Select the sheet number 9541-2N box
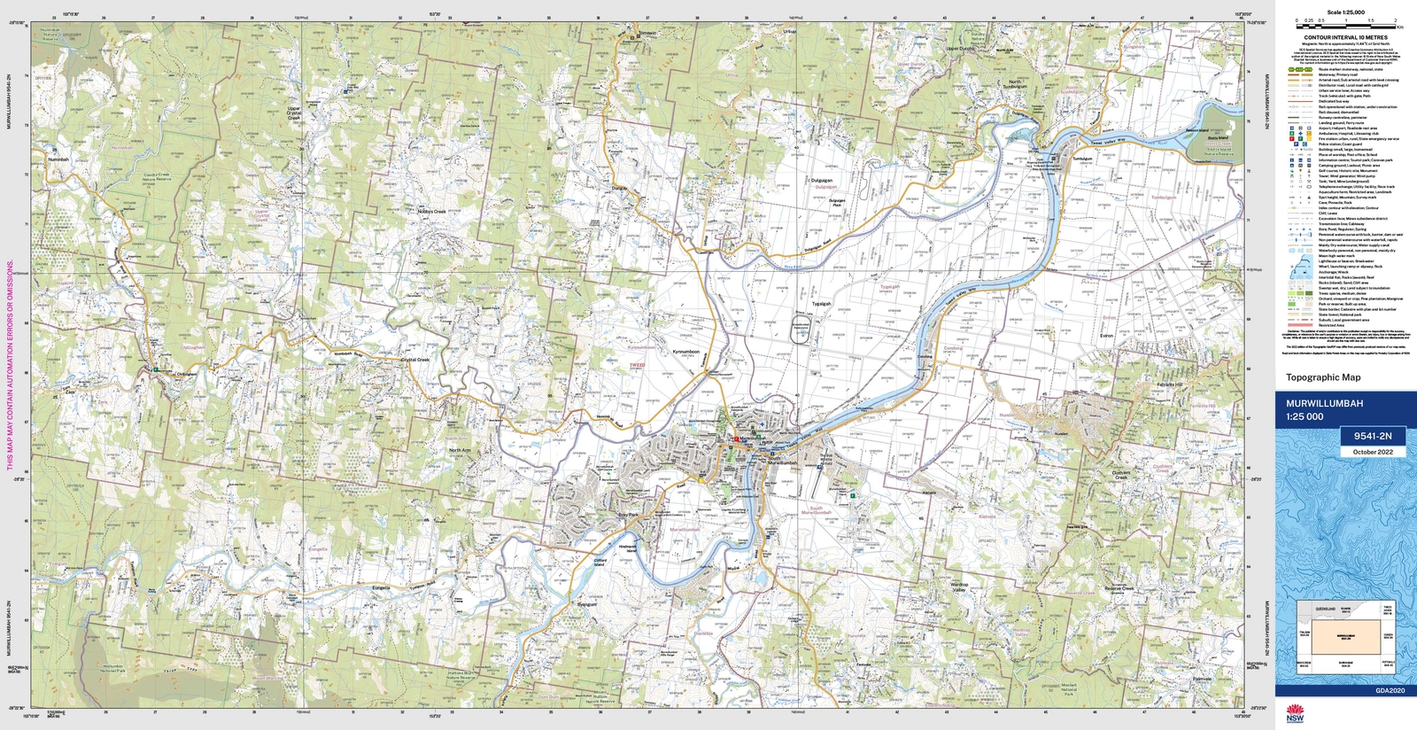pos(1372,436)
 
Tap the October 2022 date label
pos(1372,452)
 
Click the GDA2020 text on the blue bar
pos(1390,690)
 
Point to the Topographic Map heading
pos(1323,377)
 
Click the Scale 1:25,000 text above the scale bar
pos(1345,12)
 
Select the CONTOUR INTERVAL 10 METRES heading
pos(1345,38)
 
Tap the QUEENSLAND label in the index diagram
pos(1325,610)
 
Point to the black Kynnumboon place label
pos(685,352)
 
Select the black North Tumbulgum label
pos(1015,84)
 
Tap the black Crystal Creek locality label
pos(414,360)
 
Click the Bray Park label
pos(627,515)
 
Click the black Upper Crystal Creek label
pos(294,113)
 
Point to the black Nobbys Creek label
pos(432,212)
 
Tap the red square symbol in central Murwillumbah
pos(735,439)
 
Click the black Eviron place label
pos(1106,336)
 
